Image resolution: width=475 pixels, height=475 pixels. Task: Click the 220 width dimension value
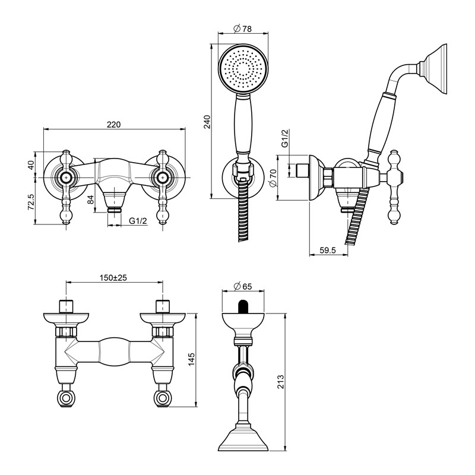coord(113,124)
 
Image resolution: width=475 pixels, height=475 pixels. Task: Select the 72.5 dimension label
coord(31,202)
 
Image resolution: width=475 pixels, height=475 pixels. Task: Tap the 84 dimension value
coord(91,199)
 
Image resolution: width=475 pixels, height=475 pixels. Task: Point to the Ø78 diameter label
coord(242,28)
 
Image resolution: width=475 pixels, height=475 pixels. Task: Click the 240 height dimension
coord(207,122)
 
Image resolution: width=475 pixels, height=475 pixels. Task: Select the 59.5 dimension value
coord(328,250)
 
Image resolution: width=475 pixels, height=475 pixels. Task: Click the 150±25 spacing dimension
coord(113,277)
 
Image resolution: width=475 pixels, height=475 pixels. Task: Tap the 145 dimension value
coord(191,359)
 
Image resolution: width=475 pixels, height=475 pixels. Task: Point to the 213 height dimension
coord(280,382)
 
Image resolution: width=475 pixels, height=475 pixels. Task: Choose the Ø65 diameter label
coord(243,286)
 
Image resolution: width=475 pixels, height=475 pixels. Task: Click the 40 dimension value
coord(31,165)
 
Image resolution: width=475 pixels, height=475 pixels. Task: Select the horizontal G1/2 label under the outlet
coord(138,221)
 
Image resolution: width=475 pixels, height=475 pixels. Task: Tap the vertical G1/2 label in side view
coord(285,138)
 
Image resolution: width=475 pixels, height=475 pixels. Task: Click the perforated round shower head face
coord(243,69)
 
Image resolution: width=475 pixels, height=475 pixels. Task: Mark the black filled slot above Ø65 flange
coord(243,306)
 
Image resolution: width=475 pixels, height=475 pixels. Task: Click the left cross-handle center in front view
coord(66,177)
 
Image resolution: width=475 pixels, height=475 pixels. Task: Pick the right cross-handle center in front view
coord(163,177)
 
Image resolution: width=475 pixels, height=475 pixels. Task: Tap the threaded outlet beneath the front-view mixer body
coord(115,209)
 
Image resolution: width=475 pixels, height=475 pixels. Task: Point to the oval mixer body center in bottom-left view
coord(114,351)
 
